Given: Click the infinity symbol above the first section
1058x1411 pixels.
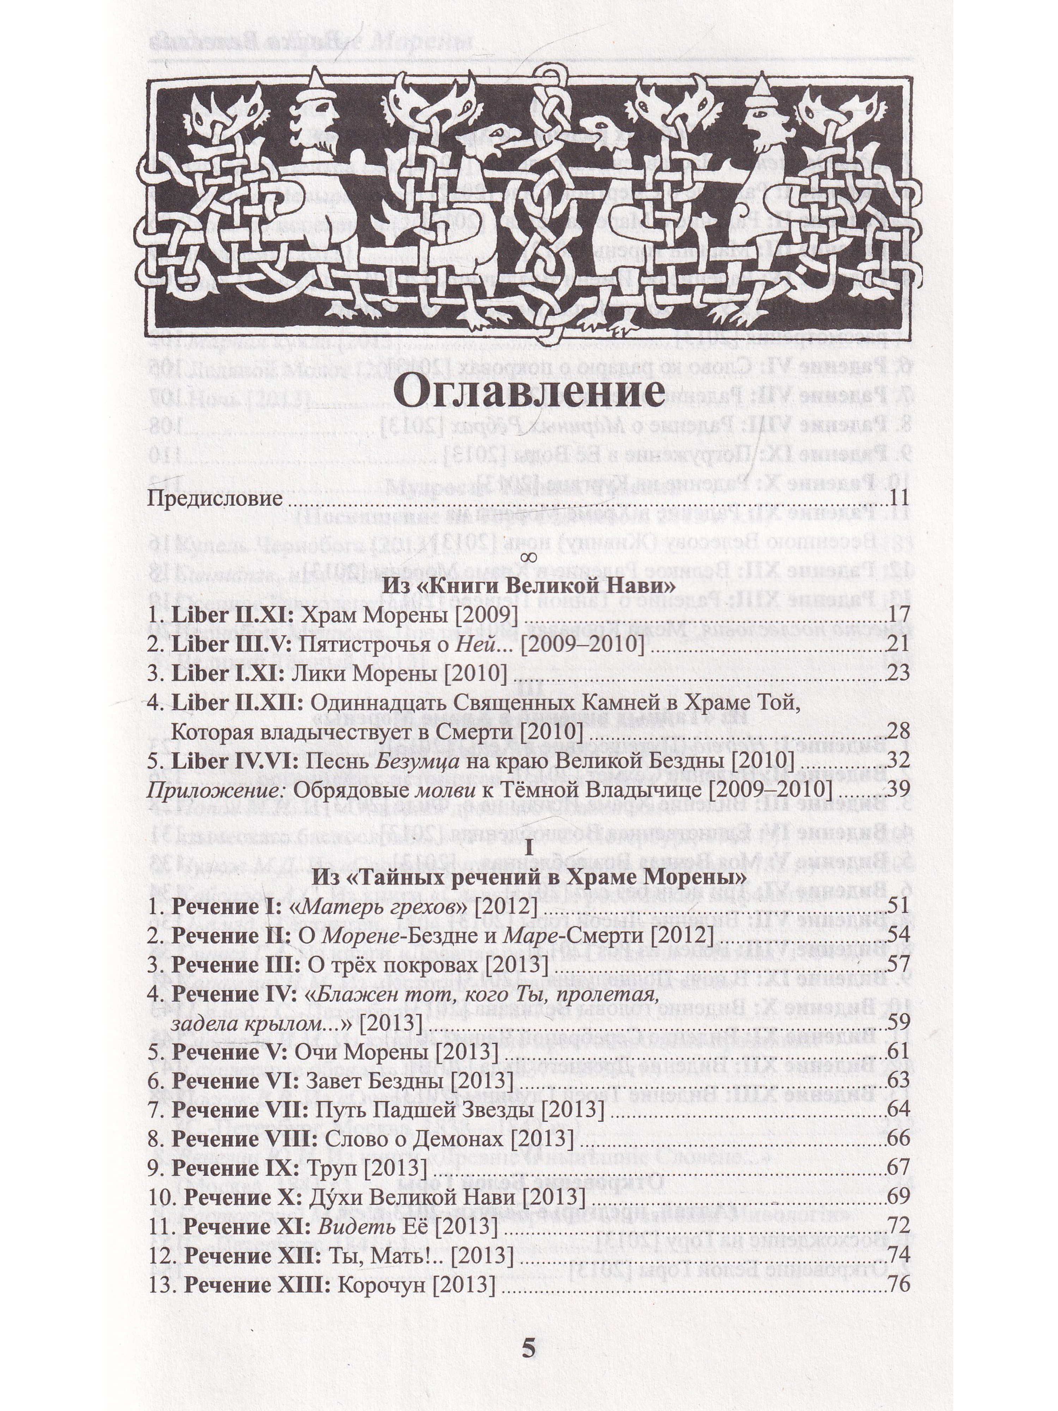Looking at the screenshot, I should click(527, 559).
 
